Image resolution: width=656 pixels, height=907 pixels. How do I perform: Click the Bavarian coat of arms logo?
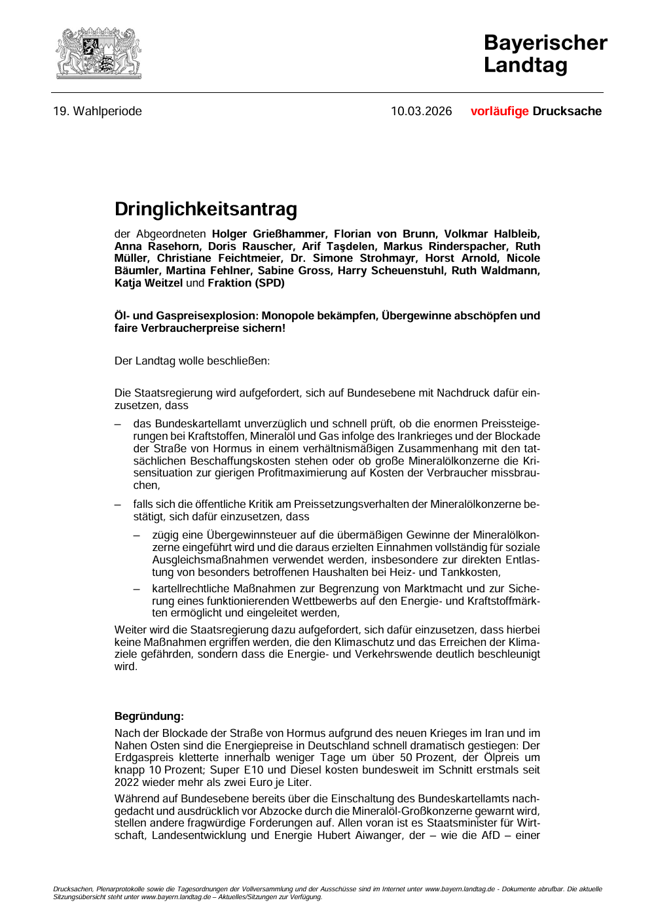point(98,53)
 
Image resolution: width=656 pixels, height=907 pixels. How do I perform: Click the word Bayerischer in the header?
point(545,43)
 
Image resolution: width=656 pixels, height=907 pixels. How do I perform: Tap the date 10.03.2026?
point(421,111)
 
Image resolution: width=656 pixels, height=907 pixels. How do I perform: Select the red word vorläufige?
point(499,111)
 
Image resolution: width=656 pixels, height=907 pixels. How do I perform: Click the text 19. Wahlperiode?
point(98,111)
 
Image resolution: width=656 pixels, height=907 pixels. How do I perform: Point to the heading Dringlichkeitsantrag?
point(206,209)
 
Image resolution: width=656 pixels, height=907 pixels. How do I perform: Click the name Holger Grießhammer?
point(268,234)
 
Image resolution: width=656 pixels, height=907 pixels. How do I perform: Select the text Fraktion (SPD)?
point(246,283)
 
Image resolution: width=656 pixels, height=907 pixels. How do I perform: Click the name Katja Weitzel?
point(149,283)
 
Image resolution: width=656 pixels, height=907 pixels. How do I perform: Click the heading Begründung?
point(149,716)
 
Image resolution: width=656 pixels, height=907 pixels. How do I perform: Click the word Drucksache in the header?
point(567,111)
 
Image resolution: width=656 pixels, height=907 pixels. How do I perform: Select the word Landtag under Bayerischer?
point(525,65)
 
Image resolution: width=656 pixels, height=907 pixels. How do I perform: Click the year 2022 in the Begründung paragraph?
point(126,782)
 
